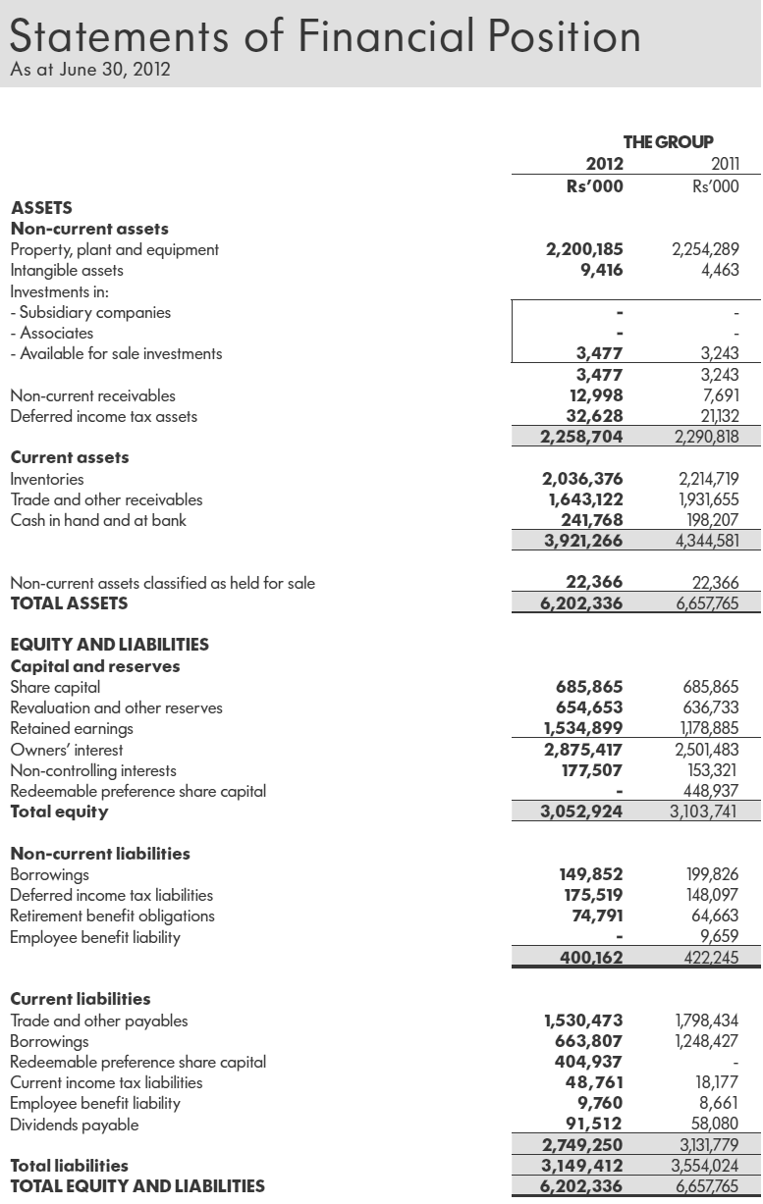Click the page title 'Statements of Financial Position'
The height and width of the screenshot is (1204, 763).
(x=324, y=36)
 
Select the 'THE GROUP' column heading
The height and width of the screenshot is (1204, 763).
(x=668, y=142)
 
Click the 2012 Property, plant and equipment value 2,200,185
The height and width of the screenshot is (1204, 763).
(x=584, y=249)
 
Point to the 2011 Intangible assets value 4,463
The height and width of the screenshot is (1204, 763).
(x=720, y=270)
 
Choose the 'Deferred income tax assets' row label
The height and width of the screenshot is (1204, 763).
(x=103, y=416)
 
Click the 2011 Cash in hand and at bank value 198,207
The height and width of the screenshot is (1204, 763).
(x=709, y=520)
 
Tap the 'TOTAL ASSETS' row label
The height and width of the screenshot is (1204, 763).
(x=69, y=603)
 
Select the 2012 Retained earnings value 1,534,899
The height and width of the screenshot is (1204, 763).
(x=583, y=728)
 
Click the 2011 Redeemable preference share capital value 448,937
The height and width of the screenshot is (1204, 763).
(x=710, y=791)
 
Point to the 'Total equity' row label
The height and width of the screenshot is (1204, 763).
(x=59, y=811)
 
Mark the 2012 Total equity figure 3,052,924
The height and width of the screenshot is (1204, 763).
(x=582, y=811)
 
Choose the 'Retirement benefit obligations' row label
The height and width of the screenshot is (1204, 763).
(x=112, y=916)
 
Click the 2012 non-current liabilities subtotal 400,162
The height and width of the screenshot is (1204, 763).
(x=590, y=958)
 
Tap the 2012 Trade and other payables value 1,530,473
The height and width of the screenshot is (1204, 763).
(x=583, y=1021)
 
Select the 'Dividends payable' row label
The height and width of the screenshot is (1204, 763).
(x=74, y=1125)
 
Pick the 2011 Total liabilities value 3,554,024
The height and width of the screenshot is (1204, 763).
(x=705, y=1166)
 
